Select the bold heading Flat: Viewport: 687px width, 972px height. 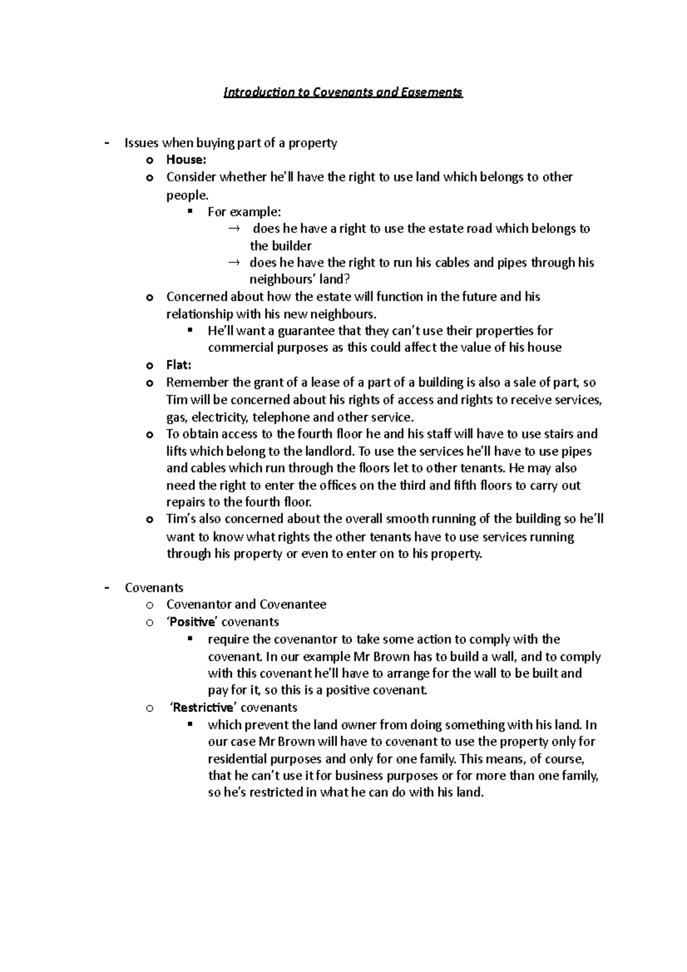pos(179,365)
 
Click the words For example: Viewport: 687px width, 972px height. pos(244,212)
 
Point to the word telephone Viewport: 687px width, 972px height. pos(280,417)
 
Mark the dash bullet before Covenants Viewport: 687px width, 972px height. pos(107,588)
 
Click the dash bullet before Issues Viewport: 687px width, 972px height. pos(107,143)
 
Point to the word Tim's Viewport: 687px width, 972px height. pos(181,519)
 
